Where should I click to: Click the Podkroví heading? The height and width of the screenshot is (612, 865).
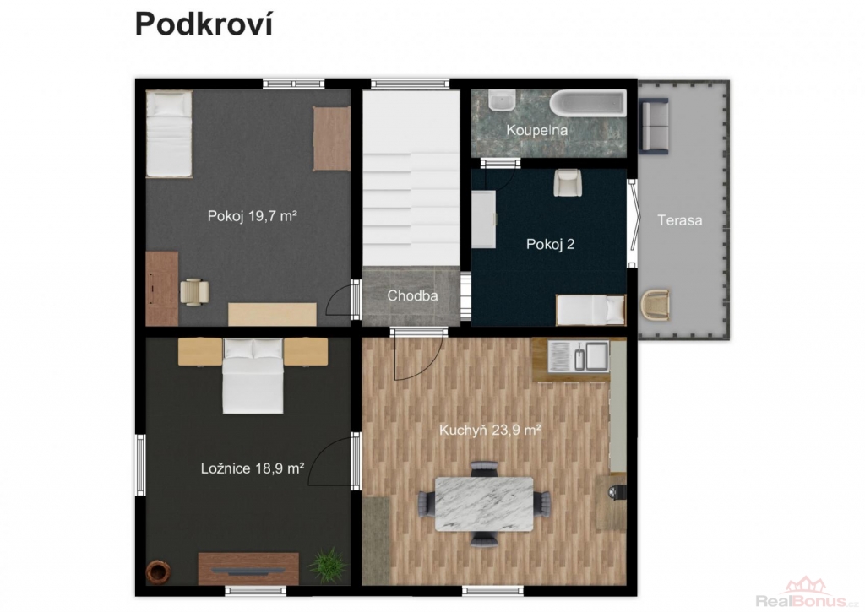pos(204,24)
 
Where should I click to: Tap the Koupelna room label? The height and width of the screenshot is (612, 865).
pos(536,130)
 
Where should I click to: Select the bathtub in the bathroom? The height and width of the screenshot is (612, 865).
pos(590,103)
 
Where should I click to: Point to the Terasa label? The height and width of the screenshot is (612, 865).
pos(680,220)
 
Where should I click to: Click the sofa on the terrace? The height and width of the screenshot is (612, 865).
pos(654,125)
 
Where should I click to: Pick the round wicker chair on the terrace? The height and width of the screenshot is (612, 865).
pos(656,305)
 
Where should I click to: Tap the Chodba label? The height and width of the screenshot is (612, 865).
pos(412,295)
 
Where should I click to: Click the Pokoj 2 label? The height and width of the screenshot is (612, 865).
pos(551,244)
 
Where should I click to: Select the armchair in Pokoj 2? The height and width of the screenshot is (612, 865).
pos(568,182)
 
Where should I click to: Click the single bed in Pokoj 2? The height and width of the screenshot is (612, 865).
pos(590,310)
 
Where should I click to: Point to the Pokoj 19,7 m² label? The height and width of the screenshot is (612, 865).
pos(252,215)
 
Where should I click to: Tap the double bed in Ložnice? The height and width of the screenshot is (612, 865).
pos(253,376)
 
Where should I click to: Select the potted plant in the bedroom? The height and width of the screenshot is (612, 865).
pos(328,565)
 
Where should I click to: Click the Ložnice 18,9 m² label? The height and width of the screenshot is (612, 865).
pos(253,468)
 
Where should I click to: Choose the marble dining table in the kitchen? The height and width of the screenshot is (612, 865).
pos(484,504)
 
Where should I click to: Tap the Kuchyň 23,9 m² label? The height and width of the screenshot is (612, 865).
pos(490,430)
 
